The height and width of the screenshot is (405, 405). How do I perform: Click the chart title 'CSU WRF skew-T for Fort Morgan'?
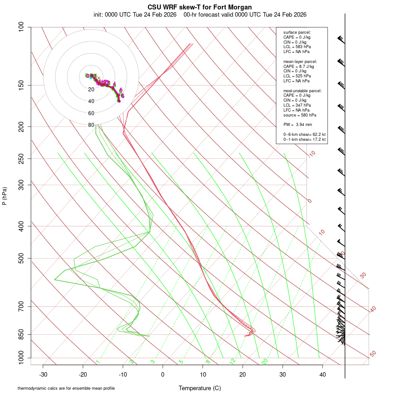coord(200,7)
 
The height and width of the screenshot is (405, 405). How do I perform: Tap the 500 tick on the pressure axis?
coord(22,258)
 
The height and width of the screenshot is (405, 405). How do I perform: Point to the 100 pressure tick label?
coord(22,27)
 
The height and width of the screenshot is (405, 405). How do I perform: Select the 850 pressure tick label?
coord(22,334)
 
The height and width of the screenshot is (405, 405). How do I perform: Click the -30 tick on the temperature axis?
coord(43,374)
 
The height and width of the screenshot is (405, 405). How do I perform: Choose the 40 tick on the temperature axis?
coord(322,374)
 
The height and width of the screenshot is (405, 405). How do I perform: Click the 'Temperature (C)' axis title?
coord(200,388)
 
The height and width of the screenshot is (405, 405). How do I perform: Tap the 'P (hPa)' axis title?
coord(4,196)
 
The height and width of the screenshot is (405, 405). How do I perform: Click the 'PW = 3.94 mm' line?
coord(297,125)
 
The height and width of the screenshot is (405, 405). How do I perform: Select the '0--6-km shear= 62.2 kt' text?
coord(304,135)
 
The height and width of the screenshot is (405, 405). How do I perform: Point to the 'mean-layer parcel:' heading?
coord(300,61)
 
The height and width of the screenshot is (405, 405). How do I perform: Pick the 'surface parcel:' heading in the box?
coord(297,32)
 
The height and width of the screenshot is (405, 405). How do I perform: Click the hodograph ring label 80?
coord(91,125)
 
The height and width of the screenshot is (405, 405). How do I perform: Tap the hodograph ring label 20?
coord(91,90)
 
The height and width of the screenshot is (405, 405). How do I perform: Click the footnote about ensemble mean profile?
coord(69,388)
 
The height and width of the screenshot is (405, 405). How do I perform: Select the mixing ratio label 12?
coord(233,361)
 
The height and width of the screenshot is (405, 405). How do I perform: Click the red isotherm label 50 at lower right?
coord(373,354)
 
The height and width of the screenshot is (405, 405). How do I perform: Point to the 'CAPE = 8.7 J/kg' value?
coord(298,66)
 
